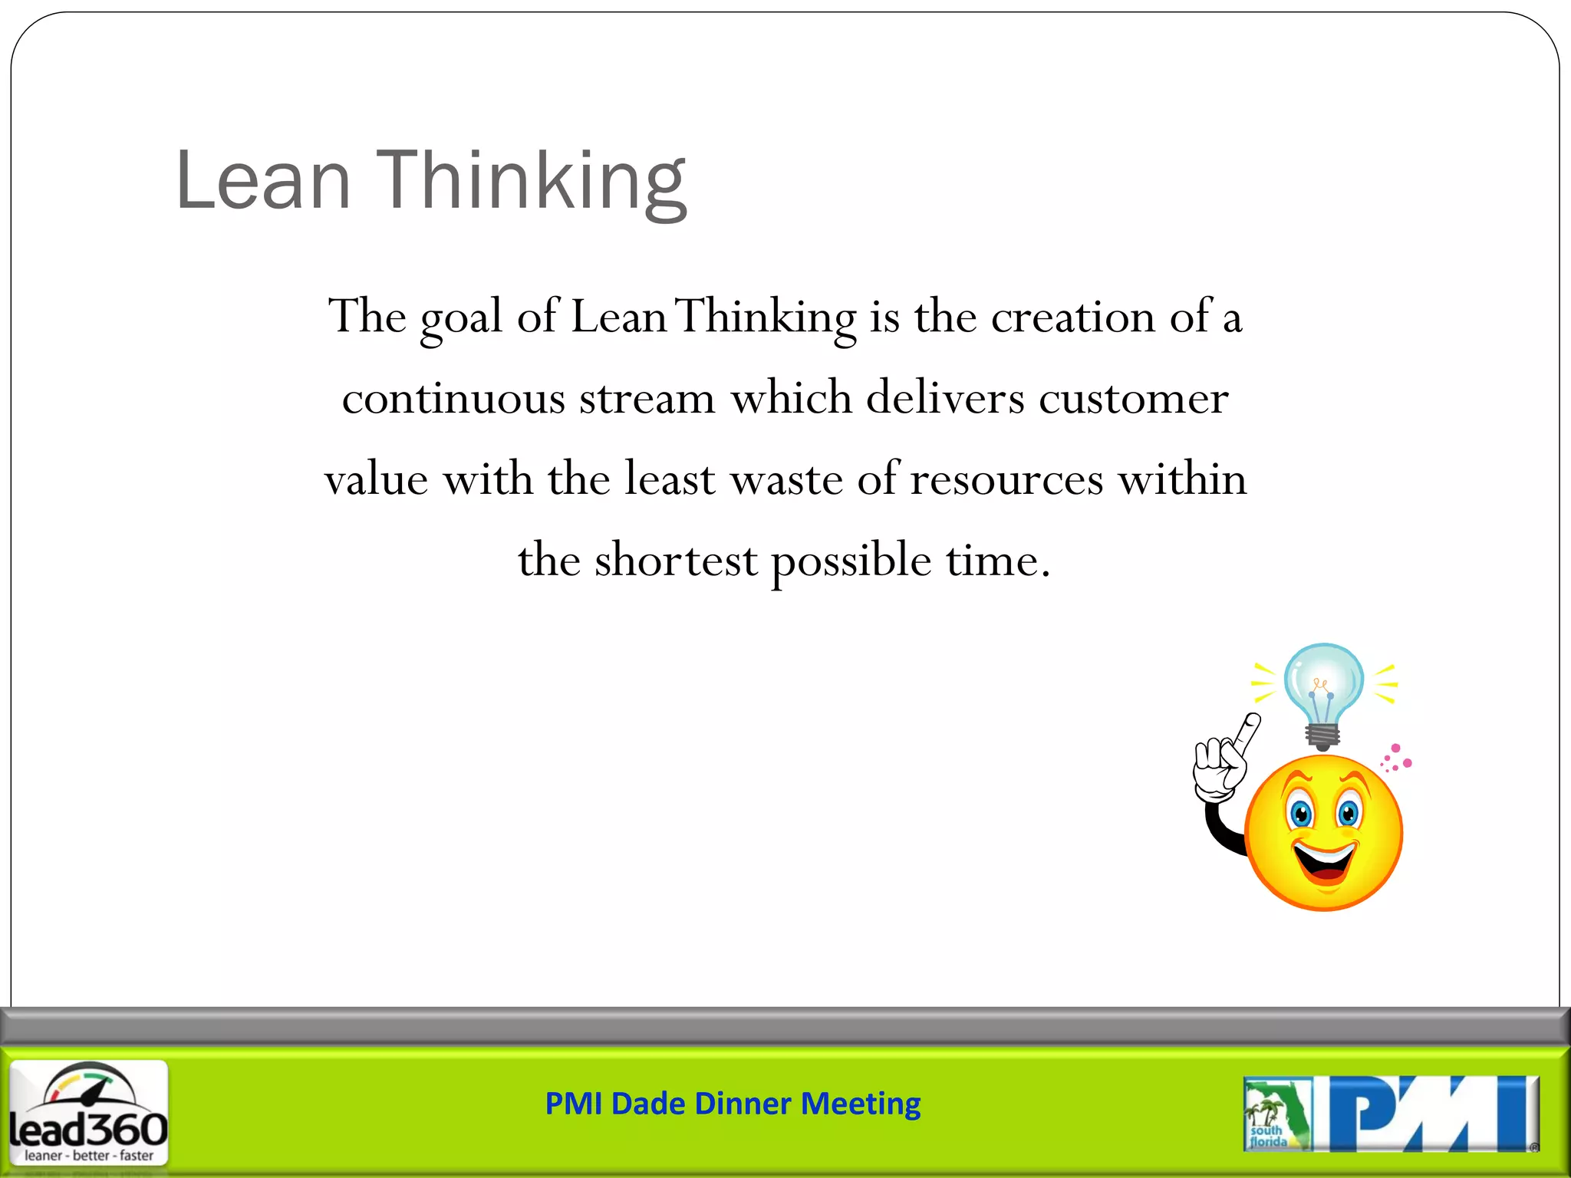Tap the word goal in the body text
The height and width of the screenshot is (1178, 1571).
point(461,318)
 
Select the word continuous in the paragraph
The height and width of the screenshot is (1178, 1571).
point(453,399)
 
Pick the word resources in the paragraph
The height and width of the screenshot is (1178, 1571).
point(1006,480)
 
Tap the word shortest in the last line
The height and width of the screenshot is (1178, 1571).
point(676,561)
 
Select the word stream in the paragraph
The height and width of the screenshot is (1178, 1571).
point(647,399)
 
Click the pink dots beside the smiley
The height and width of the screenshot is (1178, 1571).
point(1397,758)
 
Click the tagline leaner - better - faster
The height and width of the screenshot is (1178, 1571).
point(89,1155)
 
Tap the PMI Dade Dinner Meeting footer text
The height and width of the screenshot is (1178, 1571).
point(733,1104)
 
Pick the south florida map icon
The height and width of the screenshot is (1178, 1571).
point(1276,1114)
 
